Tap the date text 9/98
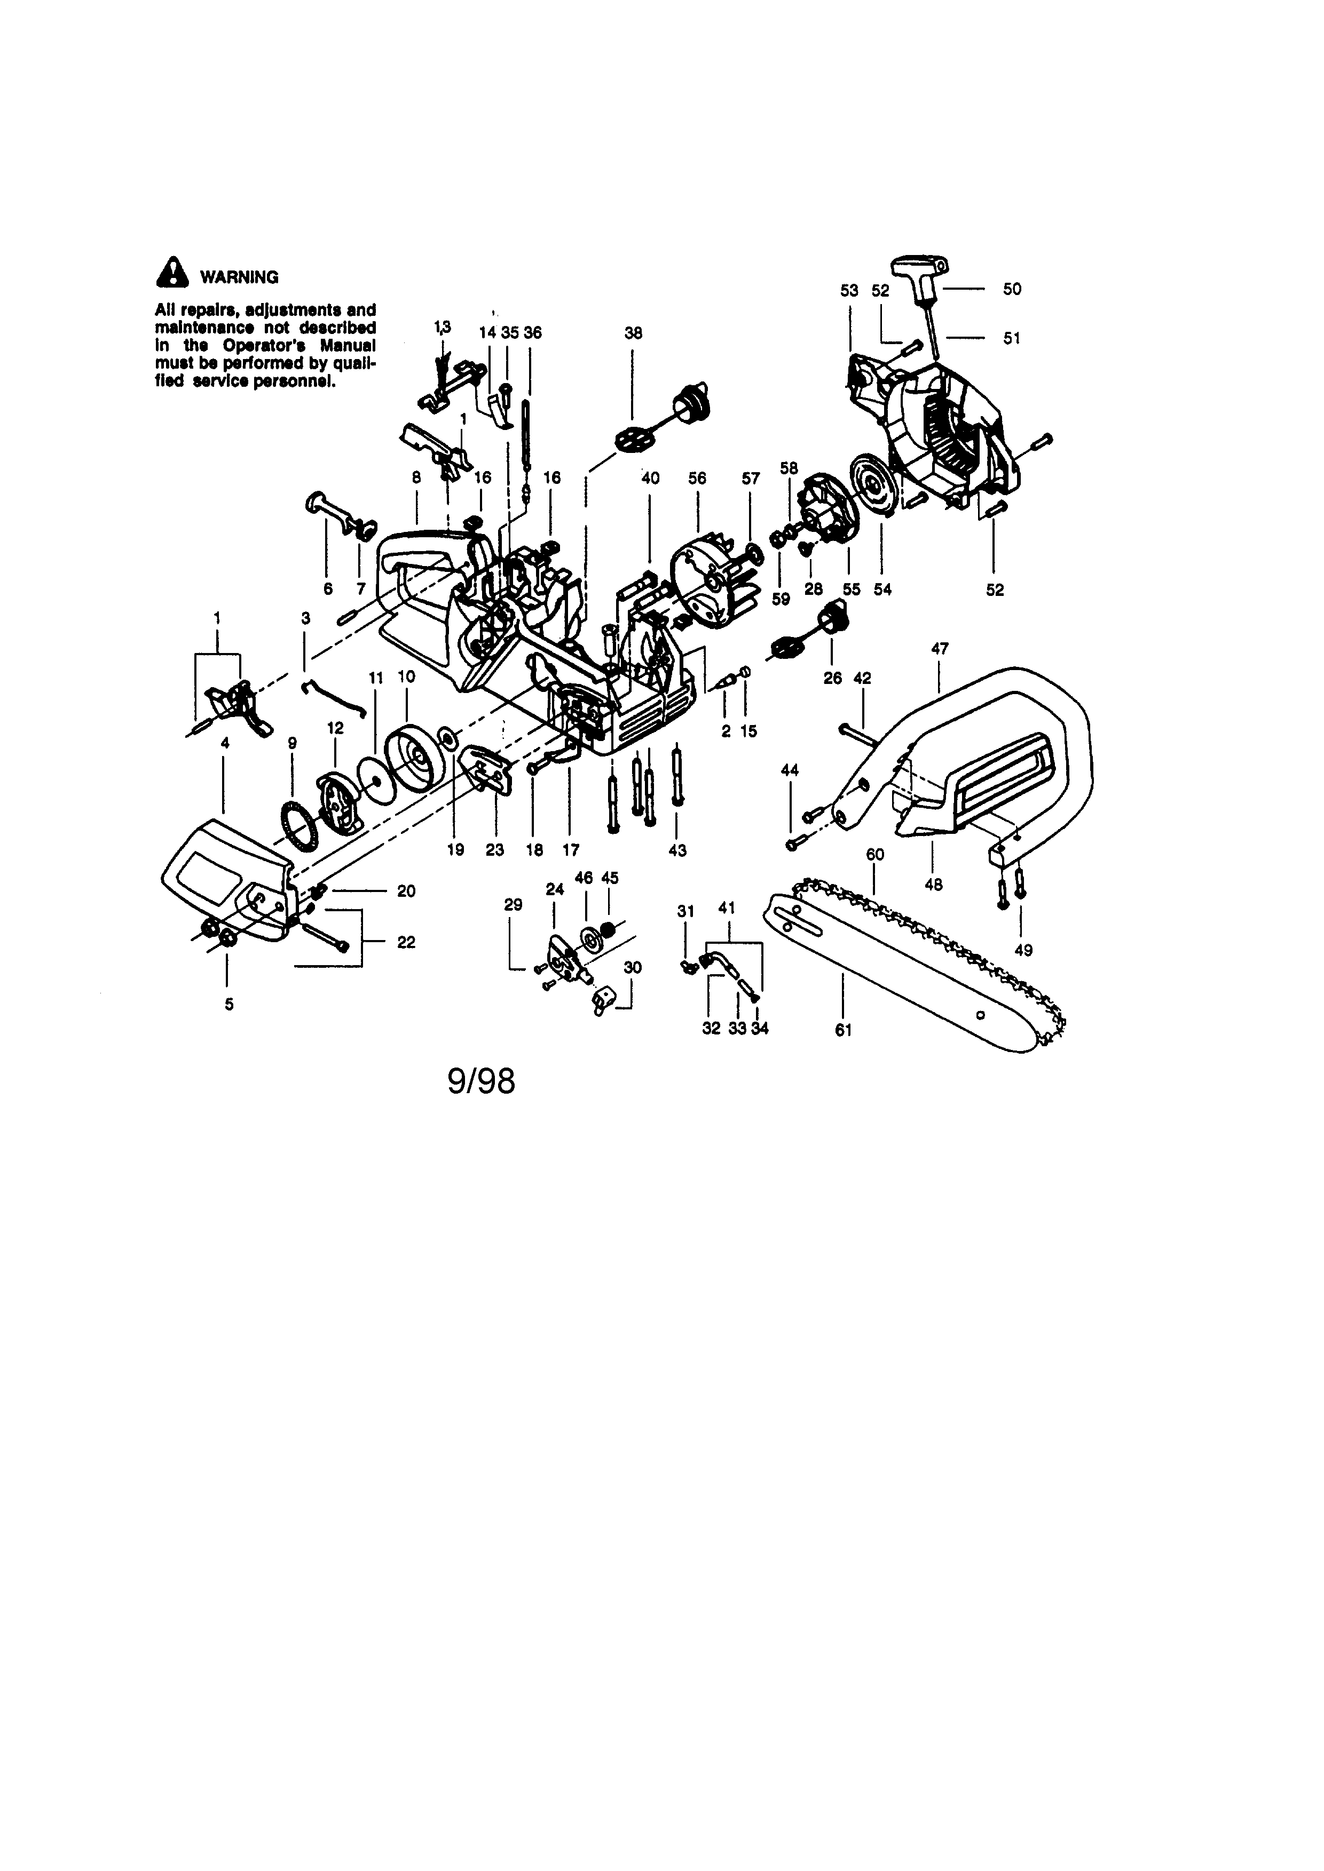[x=481, y=1081]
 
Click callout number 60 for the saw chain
[x=875, y=854]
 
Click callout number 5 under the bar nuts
[x=229, y=1004]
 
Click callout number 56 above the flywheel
[x=697, y=479]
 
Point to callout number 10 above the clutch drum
[x=406, y=676]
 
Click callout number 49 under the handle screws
[x=1023, y=950]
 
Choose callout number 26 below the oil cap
[x=832, y=678]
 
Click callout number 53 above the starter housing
[x=849, y=290]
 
